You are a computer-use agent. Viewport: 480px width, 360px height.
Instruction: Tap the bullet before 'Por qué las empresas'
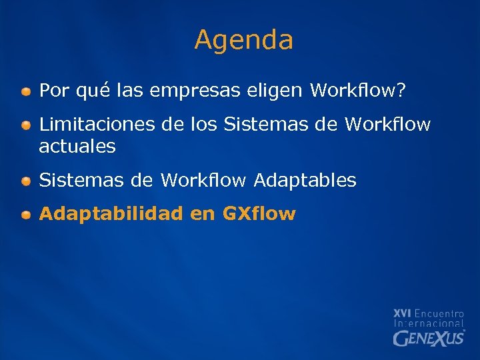[25, 91]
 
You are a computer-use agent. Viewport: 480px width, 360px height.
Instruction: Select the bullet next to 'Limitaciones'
[25, 125]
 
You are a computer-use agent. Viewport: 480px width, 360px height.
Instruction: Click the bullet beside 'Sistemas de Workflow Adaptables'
[25, 181]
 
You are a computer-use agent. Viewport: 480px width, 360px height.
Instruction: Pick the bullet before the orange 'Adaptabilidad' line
[25, 215]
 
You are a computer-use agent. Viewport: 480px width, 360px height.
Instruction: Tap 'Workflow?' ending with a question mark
[358, 90]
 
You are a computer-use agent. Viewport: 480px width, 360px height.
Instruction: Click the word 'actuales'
[77, 147]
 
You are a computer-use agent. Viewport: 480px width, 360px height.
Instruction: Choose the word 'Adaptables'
[305, 181]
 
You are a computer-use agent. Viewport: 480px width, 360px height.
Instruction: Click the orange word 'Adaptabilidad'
[111, 214]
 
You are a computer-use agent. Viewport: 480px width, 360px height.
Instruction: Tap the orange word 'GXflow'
[259, 214]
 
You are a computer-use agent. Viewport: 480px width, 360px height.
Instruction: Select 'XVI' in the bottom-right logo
[402, 313]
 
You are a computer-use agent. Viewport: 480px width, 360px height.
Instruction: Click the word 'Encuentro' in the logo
[439, 313]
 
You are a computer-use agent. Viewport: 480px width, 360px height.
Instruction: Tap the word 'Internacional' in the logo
[429, 323]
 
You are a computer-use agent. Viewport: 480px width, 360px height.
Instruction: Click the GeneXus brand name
[427, 338]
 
